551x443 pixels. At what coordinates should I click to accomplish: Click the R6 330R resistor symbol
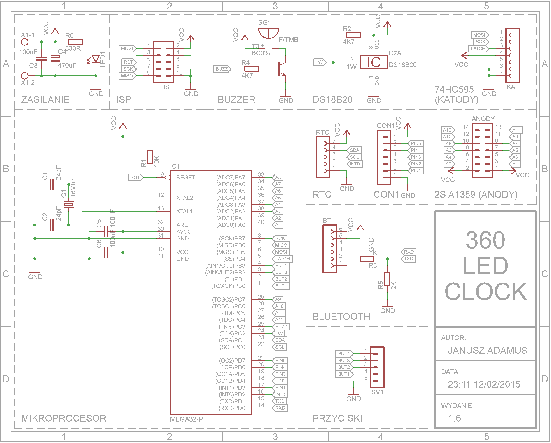coord(75,42)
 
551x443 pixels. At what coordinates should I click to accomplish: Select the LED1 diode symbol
coord(96,59)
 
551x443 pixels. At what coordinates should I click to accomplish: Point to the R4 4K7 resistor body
coord(252,69)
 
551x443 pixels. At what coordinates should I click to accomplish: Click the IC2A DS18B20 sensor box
coord(374,62)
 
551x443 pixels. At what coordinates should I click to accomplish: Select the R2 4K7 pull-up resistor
coord(353,35)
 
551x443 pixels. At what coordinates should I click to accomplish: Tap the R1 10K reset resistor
coord(150,157)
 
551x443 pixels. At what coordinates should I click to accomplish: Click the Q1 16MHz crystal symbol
coord(68,204)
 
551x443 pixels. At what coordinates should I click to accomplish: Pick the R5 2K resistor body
coord(387,279)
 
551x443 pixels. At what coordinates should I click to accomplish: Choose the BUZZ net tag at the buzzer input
coord(222,69)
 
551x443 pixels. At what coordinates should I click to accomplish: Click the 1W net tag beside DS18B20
coord(320,62)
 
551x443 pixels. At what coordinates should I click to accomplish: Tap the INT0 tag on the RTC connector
coord(355,164)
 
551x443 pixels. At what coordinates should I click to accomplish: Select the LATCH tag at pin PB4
coord(283,259)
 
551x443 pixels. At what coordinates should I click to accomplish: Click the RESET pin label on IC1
coord(186,177)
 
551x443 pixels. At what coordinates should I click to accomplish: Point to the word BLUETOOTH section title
coord(341,317)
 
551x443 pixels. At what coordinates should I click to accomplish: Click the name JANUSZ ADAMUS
coord(487,350)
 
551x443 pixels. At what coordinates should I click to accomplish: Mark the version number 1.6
coord(454,418)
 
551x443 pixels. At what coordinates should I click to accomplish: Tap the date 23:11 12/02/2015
coord(484,384)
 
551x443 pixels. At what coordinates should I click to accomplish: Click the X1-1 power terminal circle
coord(25,42)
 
